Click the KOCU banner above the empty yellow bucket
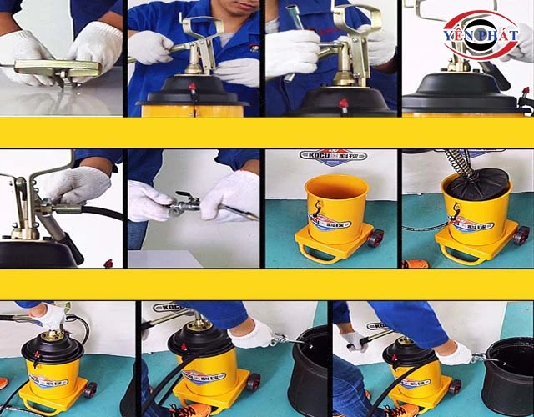(332, 158)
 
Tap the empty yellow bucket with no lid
(336, 212)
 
